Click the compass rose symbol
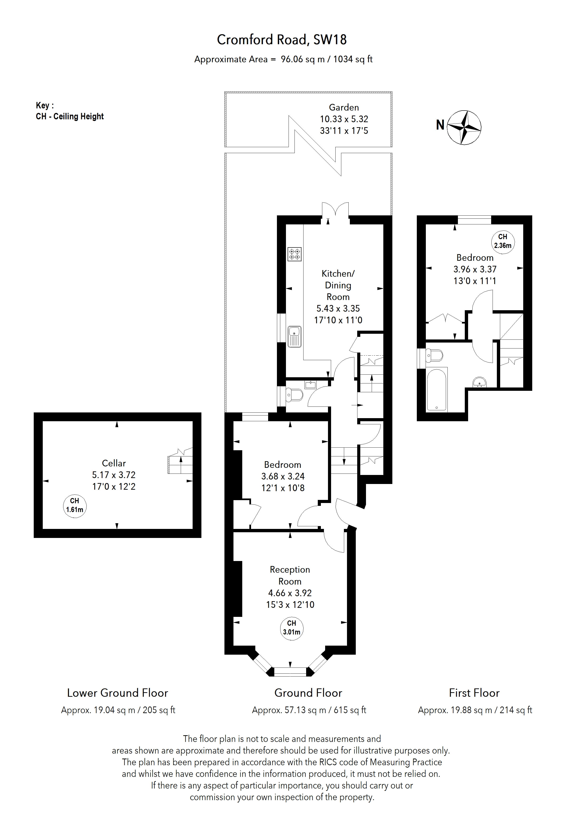click(465, 127)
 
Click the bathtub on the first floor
click(437, 389)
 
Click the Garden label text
click(344, 107)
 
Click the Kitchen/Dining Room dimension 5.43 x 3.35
click(338, 308)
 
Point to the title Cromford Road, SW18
click(282, 40)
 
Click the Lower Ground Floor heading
click(117, 693)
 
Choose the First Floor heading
click(474, 693)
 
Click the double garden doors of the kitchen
click(335, 211)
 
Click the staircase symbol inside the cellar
click(180, 464)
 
